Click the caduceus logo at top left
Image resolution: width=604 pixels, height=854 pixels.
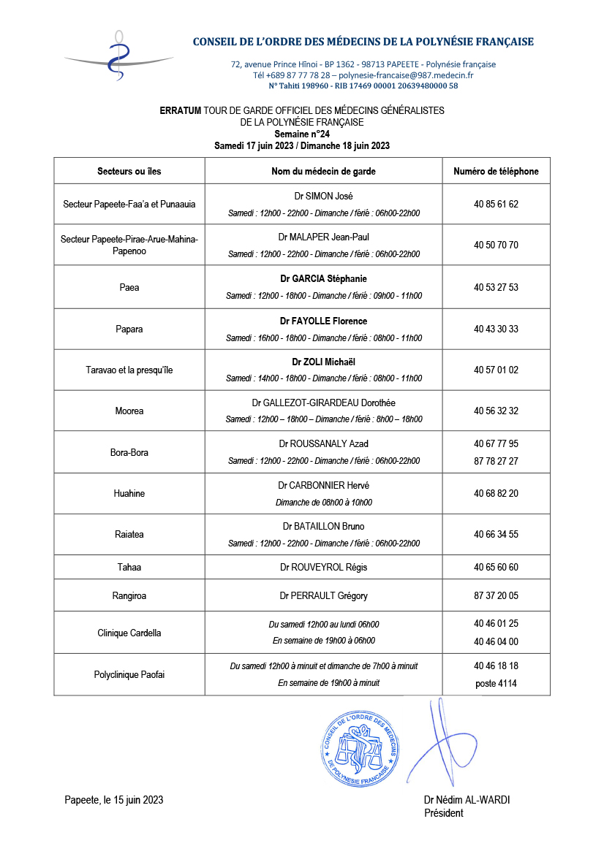[x=117, y=56]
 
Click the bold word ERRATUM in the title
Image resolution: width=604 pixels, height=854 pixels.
[x=181, y=110]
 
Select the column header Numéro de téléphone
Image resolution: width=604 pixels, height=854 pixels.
[x=496, y=172]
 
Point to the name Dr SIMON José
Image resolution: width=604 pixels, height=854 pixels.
[x=323, y=197]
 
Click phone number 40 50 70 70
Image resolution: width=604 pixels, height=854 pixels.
[x=496, y=245]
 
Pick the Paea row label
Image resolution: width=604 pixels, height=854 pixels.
[x=129, y=287]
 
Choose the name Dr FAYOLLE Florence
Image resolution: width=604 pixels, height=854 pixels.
[x=323, y=321]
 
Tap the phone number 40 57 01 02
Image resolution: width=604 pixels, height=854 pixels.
[x=496, y=370]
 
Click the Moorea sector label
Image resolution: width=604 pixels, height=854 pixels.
[x=129, y=411]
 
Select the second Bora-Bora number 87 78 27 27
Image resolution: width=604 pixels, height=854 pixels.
[x=496, y=461]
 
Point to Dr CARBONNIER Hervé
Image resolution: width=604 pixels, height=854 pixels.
[x=323, y=486]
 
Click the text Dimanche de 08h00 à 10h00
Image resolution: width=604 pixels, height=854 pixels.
[x=323, y=503]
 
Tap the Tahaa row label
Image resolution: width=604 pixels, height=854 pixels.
[x=129, y=568]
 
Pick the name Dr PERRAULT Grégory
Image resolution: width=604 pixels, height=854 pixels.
[x=323, y=596]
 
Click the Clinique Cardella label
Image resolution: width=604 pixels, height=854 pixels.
[x=129, y=633]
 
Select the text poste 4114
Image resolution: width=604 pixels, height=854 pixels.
[x=496, y=684]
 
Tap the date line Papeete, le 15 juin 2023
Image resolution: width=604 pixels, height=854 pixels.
[x=114, y=800]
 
